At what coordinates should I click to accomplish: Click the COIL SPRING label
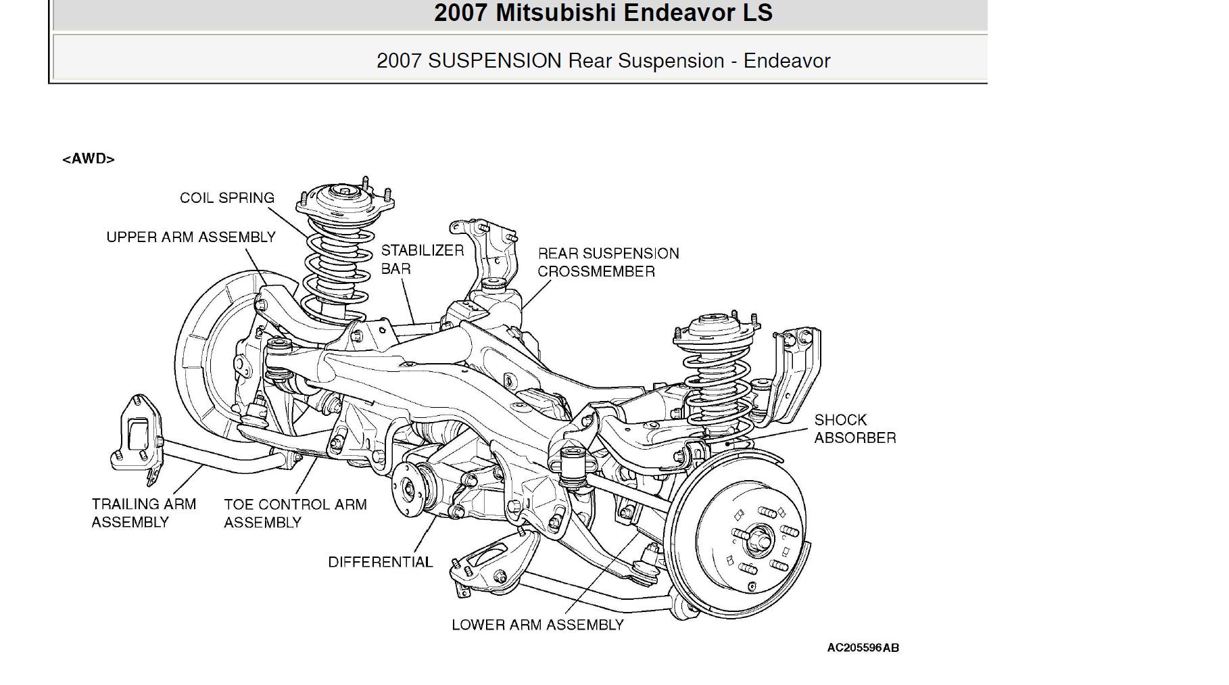pyautogui.click(x=227, y=198)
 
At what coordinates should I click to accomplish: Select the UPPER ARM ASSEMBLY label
pyautogui.click(x=191, y=237)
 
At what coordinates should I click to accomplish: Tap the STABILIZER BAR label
pyautogui.click(x=422, y=260)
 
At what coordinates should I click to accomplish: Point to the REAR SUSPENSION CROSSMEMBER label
pyautogui.click(x=608, y=262)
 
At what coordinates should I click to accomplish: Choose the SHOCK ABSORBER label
pyautogui.click(x=854, y=429)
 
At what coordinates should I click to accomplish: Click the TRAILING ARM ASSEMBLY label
pyautogui.click(x=143, y=513)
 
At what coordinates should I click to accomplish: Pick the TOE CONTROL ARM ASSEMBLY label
pyautogui.click(x=295, y=513)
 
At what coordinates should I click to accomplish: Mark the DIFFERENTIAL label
pyautogui.click(x=380, y=562)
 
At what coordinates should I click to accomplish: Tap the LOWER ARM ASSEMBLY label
pyautogui.click(x=537, y=625)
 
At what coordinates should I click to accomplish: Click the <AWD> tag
pyautogui.click(x=89, y=159)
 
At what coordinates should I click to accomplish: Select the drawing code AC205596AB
pyautogui.click(x=863, y=648)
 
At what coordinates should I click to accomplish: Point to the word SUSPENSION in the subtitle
pyautogui.click(x=494, y=61)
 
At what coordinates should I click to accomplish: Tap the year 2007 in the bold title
pyautogui.click(x=460, y=13)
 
